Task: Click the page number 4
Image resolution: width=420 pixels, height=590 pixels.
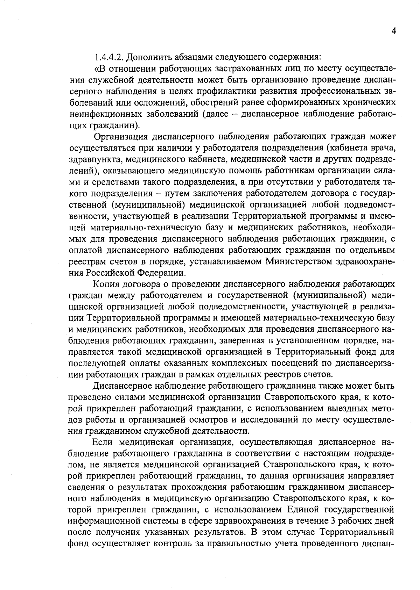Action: click(394, 31)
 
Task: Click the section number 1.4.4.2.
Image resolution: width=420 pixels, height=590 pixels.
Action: click(108, 57)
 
